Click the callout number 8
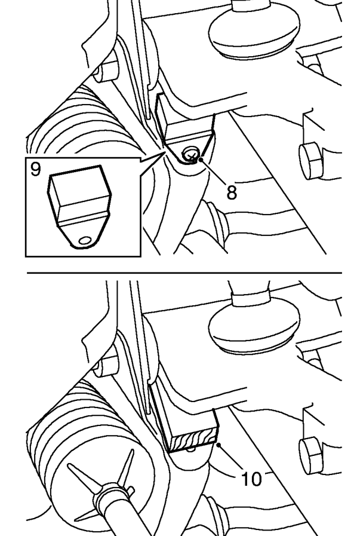coord(231,192)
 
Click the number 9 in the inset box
coord(35,169)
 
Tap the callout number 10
coord(251,479)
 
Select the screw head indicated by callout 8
coord(191,155)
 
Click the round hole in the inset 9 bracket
coord(84,241)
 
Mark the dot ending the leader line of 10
coord(219,444)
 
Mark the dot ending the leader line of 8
coord(201,160)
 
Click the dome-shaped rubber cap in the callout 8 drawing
coord(254,32)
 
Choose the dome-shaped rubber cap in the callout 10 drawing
coord(254,329)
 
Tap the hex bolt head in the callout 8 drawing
coord(310,160)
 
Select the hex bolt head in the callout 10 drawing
coord(310,457)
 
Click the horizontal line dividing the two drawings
coord(184,273)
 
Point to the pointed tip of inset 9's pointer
coord(165,154)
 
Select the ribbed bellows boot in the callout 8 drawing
coord(85,123)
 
